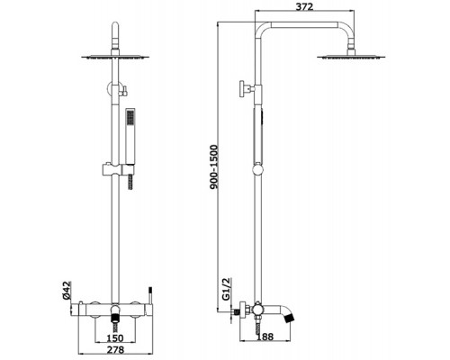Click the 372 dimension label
coord(304,6)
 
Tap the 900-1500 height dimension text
coord(214,166)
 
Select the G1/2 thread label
coord(226,289)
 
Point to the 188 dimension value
coord(265,337)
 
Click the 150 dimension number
coord(115,338)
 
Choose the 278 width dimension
coord(115,349)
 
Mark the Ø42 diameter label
coord(67,290)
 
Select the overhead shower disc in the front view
coord(115,57)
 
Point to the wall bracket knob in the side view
coord(242,89)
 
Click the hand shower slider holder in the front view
coord(116,170)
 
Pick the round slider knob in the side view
coord(257,169)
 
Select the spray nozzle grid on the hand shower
coord(130,117)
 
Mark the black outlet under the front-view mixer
coord(115,318)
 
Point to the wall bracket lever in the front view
coord(123,91)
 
